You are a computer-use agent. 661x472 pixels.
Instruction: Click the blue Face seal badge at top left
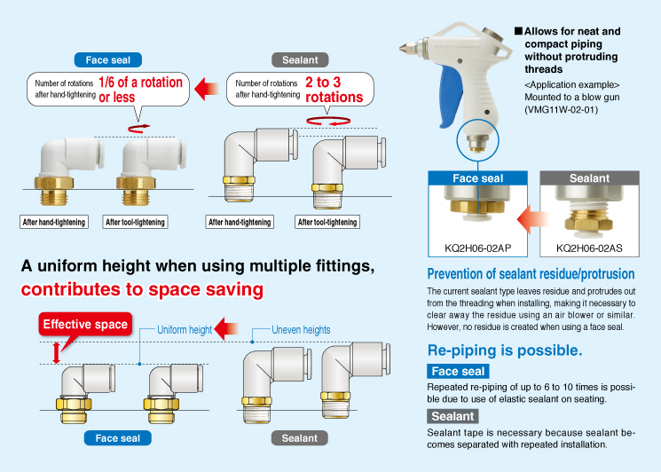pyautogui.click(x=108, y=59)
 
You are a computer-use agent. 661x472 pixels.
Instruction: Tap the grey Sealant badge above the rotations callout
pyautogui.click(x=300, y=59)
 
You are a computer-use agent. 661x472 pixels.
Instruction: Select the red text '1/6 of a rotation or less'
pyautogui.click(x=140, y=90)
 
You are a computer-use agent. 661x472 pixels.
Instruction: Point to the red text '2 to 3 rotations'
pyautogui.click(x=334, y=90)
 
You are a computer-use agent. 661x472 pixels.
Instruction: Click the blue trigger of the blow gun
pyautogui.click(x=451, y=96)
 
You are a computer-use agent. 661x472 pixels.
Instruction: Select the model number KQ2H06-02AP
pyautogui.click(x=477, y=248)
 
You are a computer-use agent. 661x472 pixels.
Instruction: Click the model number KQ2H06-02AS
pyautogui.click(x=589, y=248)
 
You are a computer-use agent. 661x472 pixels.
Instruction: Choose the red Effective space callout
pyautogui.click(x=85, y=324)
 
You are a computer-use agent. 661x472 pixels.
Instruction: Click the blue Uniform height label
pyautogui.click(x=185, y=330)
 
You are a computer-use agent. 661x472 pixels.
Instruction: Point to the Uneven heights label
pyautogui.click(x=301, y=330)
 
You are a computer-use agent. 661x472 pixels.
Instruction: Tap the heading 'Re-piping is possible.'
pyautogui.click(x=505, y=350)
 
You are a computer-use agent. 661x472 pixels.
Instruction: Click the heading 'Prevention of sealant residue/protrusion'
pyautogui.click(x=531, y=274)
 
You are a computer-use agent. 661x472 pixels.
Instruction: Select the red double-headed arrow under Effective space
pyautogui.click(x=56, y=353)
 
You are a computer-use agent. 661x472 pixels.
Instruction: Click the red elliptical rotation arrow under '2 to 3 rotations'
pyautogui.click(x=328, y=121)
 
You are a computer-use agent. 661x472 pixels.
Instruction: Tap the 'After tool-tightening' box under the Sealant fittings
pyautogui.click(x=327, y=222)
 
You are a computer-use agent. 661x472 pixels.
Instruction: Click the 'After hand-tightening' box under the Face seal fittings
pyautogui.click(x=54, y=222)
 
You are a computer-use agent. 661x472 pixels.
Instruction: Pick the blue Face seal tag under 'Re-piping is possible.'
pyautogui.click(x=458, y=371)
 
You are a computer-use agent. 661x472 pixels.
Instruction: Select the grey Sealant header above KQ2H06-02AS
pyautogui.click(x=589, y=178)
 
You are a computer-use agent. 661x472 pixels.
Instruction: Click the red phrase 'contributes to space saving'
pyautogui.click(x=142, y=289)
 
